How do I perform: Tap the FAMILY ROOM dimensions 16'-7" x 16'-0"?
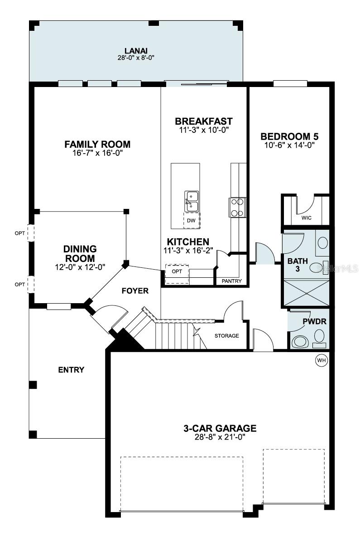97,153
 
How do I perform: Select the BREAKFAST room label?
203,121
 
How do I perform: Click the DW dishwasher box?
191,220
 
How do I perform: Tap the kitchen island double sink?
192,201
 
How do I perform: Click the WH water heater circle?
321,360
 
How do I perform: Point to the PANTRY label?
231,281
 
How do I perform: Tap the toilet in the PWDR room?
300,341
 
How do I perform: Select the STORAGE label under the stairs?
226,336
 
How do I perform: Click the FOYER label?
135,290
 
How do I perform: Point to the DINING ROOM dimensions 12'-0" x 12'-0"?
80,267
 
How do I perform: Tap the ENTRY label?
71,370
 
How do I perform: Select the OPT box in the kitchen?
177,271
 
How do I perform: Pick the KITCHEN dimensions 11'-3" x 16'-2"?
188,250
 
